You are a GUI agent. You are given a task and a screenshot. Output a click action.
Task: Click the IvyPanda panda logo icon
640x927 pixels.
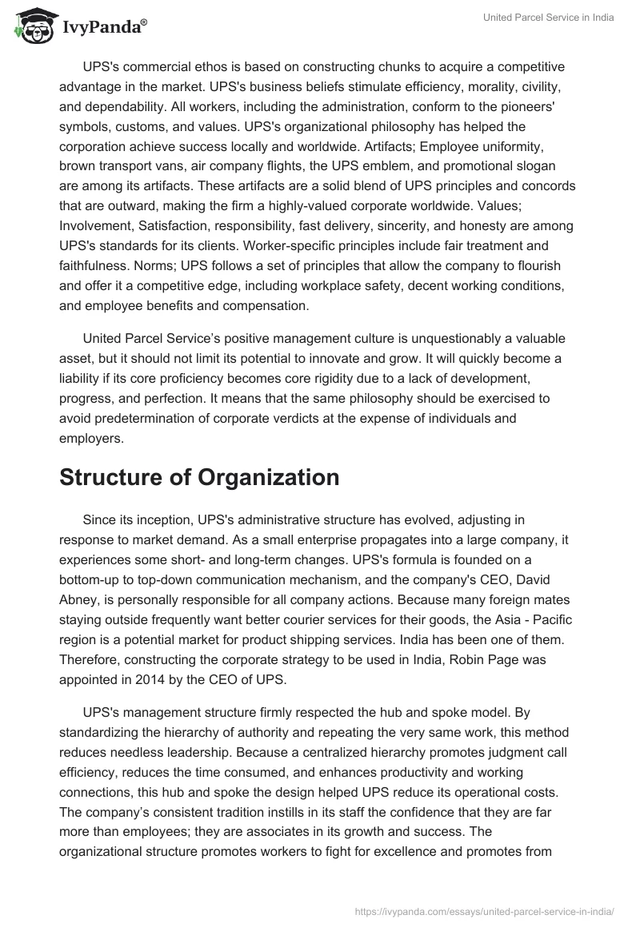[x=30, y=27]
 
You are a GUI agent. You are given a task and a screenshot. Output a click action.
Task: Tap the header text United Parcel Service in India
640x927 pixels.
[x=549, y=18]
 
